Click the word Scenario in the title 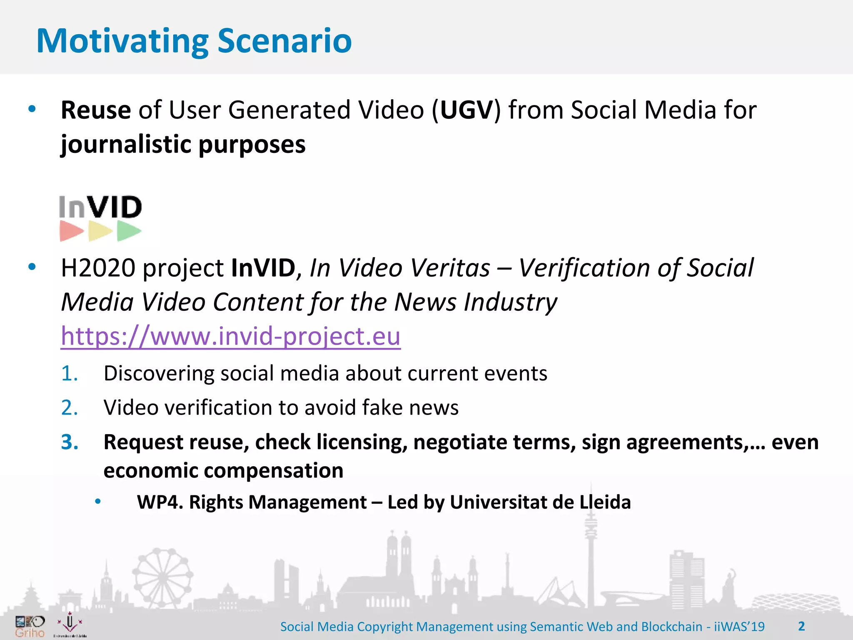click(x=284, y=41)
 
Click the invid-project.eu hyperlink click(x=230, y=336)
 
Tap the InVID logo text click(x=100, y=207)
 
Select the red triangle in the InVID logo click(x=71, y=231)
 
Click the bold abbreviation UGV click(x=466, y=110)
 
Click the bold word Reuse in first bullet click(x=96, y=110)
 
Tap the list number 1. click(x=69, y=373)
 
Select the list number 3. click(x=70, y=442)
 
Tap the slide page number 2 click(x=801, y=626)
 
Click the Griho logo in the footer click(x=30, y=627)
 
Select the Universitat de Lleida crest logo click(x=70, y=624)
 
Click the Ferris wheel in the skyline click(x=162, y=577)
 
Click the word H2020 click(x=98, y=268)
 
